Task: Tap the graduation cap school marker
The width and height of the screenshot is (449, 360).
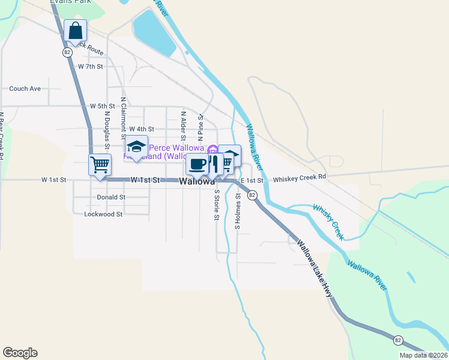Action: point(136,147)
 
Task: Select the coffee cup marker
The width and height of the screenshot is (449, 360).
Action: point(197,164)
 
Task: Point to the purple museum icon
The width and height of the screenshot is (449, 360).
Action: point(211,148)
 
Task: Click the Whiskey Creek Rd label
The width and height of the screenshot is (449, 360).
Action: point(299,178)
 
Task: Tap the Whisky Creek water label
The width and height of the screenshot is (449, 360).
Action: point(328,222)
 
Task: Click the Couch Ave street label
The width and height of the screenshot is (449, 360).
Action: point(25,89)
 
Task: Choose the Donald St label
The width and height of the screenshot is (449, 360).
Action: point(110,197)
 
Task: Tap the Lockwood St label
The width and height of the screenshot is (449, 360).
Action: point(103,214)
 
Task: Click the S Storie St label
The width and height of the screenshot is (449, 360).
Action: point(216,205)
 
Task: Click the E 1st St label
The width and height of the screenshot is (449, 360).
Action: point(252,180)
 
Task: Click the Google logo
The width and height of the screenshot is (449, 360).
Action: point(20,353)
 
